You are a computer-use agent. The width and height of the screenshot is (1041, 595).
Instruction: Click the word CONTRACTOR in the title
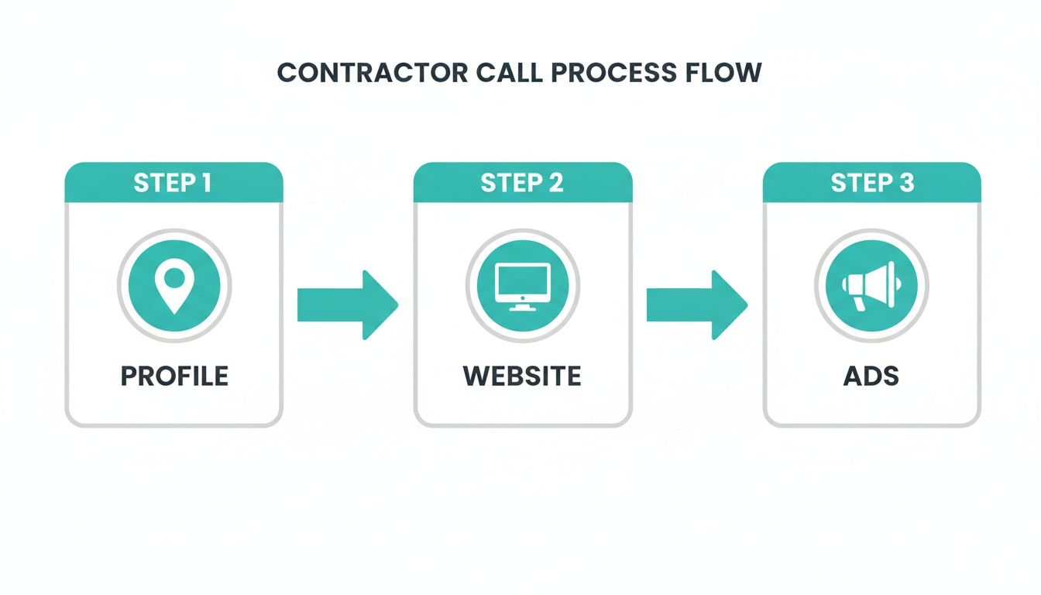pyautogui.click(x=372, y=72)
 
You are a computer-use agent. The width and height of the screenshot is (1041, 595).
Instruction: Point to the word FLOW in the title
pyautogui.click(x=727, y=72)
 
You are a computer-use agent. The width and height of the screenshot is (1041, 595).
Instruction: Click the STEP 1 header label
pyautogui.click(x=172, y=183)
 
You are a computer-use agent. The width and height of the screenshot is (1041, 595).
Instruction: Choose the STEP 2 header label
pyautogui.click(x=522, y=183)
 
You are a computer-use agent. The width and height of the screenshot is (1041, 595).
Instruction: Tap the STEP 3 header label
pyautogui.click(x=872, y=183)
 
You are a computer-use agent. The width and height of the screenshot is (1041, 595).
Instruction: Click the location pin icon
pyautogui.click(x=174, y=286)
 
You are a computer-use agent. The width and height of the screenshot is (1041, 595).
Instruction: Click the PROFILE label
pyautogui.click(x=174, y=377)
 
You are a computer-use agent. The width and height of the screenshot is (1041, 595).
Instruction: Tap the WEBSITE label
pyautogui.click(x=522, y=377)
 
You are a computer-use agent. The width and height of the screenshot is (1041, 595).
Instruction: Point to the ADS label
pyautogui.click(x=871, y=377)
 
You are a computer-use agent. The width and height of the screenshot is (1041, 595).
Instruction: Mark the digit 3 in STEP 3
pyautogui.click(x=906, y=183)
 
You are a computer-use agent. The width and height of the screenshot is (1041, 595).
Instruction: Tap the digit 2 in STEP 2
pyautogui.click(x=555, y=183)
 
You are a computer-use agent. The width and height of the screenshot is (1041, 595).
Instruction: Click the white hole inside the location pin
pyautogui.click(x=174, y=277)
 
